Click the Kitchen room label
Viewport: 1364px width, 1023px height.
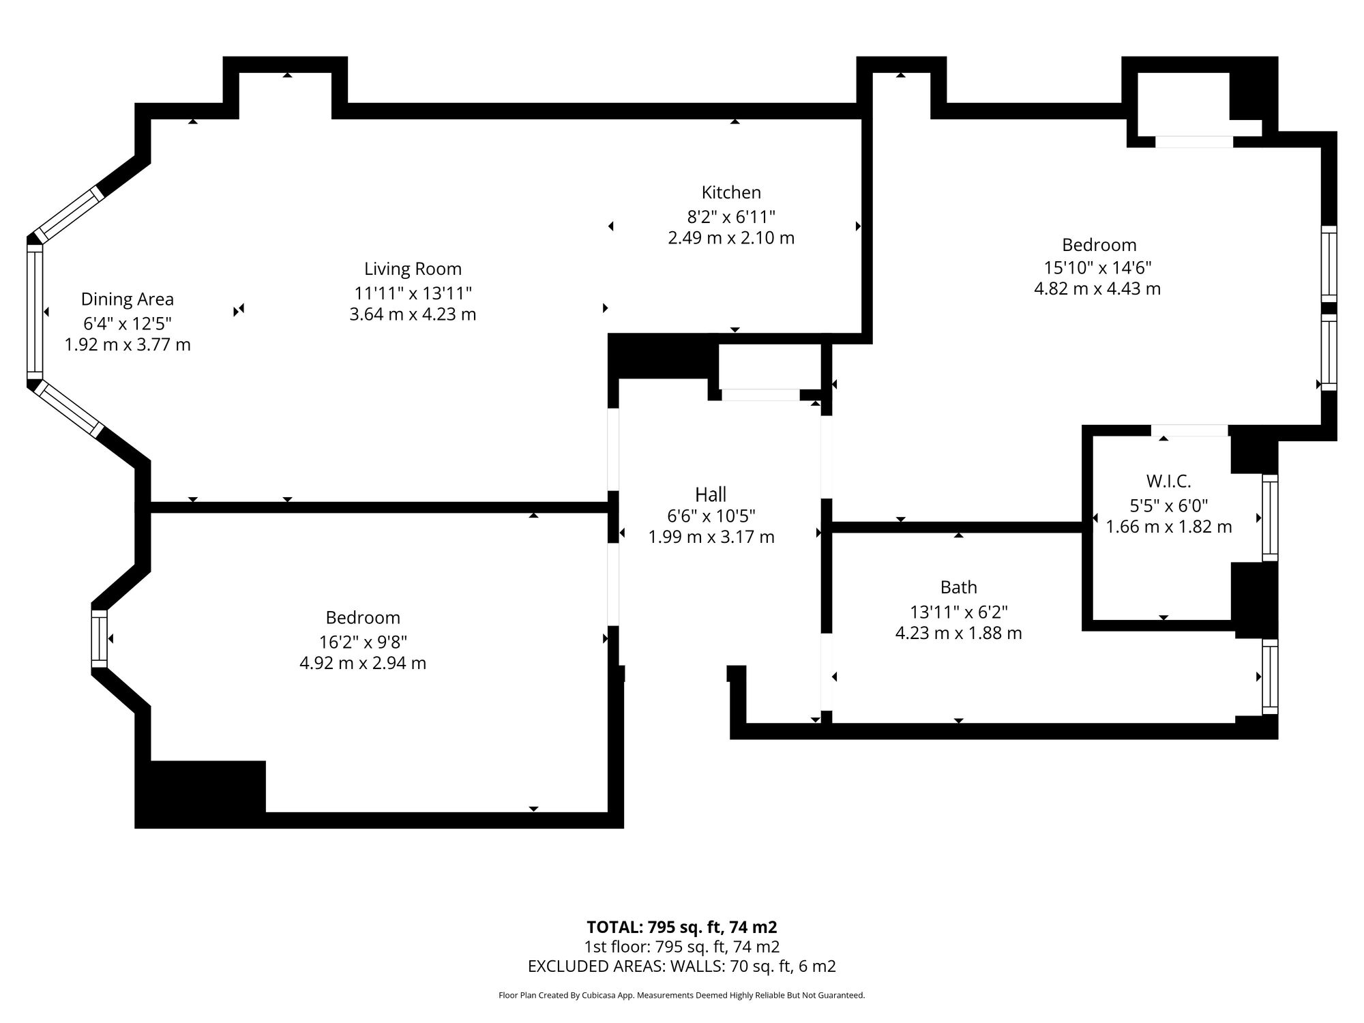point(731,192)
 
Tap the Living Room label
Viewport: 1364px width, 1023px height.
point(413,269)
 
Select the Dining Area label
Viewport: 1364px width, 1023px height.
point(128,299)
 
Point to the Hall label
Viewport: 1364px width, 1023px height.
point(711,494)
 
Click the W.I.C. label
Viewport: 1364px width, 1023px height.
point(1168,481)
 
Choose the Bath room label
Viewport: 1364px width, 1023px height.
point(958,587)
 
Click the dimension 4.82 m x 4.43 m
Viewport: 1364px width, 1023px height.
point(1097,288)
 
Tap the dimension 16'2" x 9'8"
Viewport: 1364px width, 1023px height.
point(363,642)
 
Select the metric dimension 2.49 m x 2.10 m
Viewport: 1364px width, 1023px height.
point(731,238)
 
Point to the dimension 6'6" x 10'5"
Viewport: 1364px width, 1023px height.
point(711,516)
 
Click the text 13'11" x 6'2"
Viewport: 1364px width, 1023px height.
point(958,612)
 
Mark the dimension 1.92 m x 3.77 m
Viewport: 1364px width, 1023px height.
point(128,344)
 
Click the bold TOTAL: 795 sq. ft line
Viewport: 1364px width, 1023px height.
point(682,927)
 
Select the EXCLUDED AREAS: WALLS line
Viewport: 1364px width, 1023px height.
point(682,966)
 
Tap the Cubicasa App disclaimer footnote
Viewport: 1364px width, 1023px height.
point(682,995)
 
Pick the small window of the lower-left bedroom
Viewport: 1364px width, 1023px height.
point(100,639)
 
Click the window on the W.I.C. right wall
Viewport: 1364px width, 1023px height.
point(1270,518)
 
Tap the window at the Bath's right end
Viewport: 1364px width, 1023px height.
point(1270,677)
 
